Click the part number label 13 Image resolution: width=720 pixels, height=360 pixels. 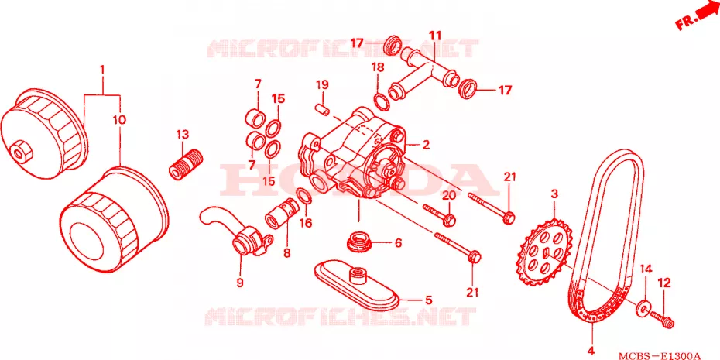point(182,135)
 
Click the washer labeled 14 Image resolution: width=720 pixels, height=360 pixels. point(643,309)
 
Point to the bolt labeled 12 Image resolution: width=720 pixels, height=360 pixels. point(662,318)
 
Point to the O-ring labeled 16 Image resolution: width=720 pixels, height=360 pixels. point(304,196)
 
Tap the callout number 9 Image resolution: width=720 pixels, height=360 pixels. point(240,283)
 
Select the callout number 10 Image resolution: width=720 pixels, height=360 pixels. point(118,120)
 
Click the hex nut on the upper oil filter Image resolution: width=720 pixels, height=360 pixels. point(19,151)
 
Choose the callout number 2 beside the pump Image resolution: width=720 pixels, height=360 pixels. point(426,145)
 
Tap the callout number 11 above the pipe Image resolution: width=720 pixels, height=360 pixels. point(435,35)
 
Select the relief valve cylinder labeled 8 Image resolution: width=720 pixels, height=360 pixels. point(280,215)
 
